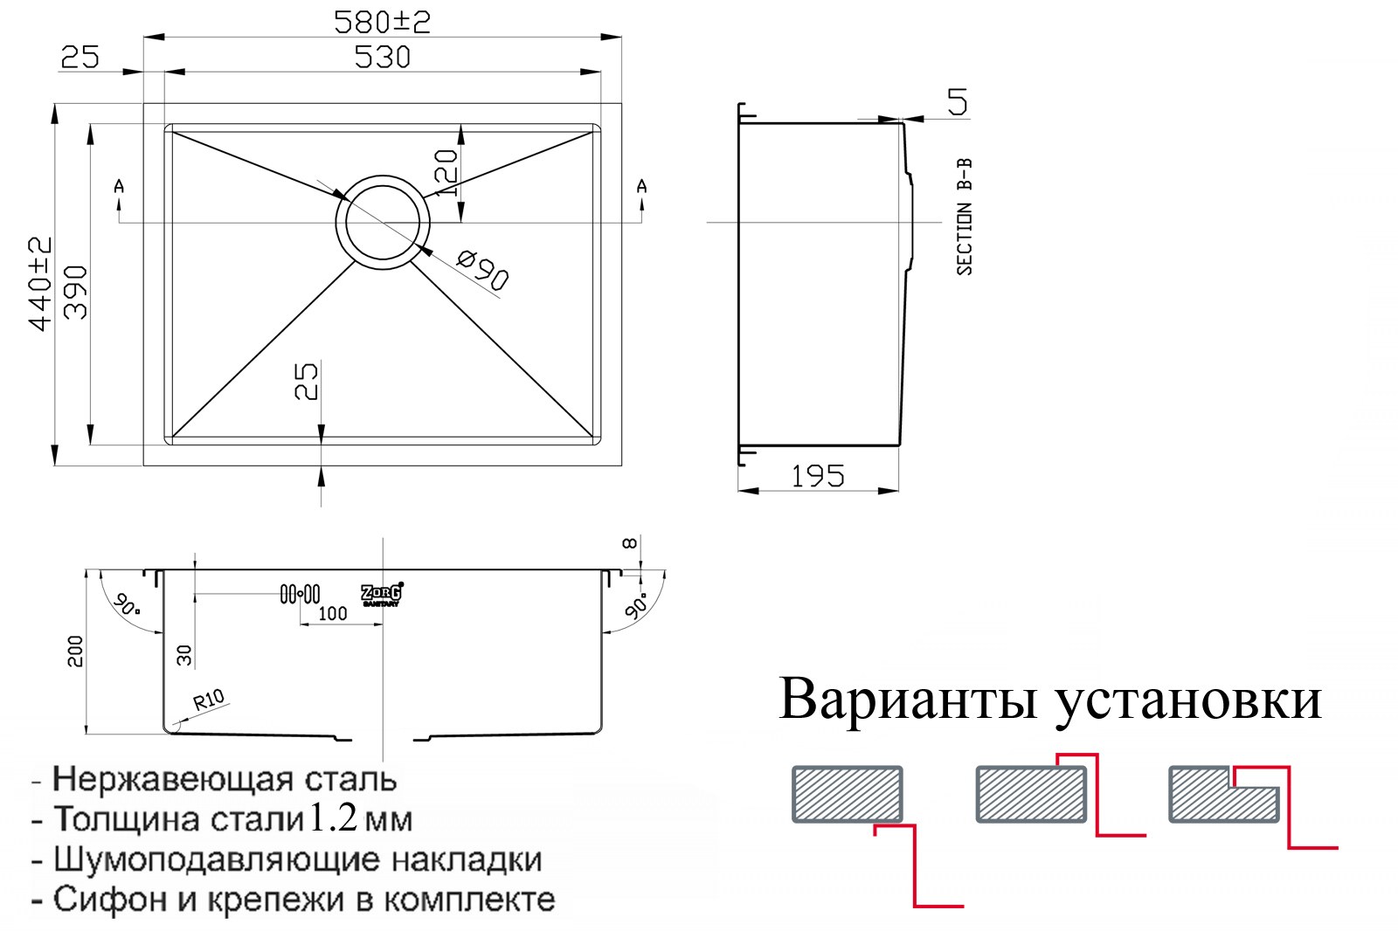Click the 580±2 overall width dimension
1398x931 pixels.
tap(382, 23)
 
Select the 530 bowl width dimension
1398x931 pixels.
tap(383, 58)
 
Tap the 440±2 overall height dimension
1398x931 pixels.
tap(40, 284)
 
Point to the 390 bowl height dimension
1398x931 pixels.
tap(76, 293)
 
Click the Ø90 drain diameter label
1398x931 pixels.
tap(481, 270)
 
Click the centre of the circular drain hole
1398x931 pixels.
tap(383, 222)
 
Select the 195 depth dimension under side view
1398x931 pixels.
tap(818, 477)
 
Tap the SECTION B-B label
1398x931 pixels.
tap(965, 217)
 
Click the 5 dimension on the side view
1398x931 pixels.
tap(958, 101)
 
